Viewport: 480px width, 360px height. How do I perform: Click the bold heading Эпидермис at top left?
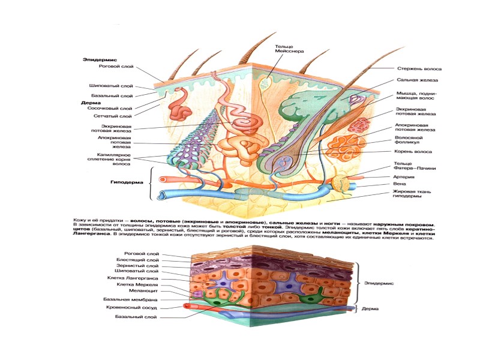point(100,60)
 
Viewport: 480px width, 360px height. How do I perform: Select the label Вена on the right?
point(400,185)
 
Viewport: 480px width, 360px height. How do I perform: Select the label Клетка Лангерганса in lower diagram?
point(137,278)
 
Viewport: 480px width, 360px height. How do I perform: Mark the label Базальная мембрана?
point(136,298)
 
